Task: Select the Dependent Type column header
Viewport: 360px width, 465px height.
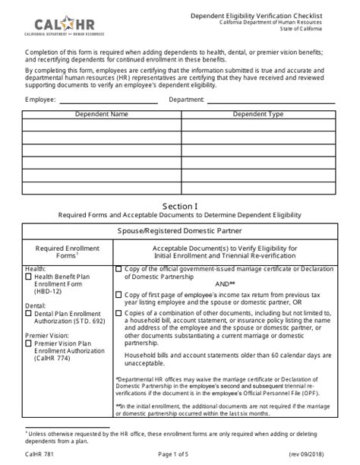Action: [x=257, y=114]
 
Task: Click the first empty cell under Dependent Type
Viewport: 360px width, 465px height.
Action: [x=257, y=125]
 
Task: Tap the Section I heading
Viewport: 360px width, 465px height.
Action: [x=179, y=206]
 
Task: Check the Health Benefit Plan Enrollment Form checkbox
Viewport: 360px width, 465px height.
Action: [x=28, y=277]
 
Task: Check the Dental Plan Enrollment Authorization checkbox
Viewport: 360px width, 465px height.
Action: [x=28, y=312]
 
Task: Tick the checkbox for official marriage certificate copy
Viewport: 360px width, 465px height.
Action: [x=118, y=269]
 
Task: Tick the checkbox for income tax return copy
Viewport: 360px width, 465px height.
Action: [x=118, y=294]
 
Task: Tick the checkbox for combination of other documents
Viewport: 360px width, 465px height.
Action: [x=118, y=312]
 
